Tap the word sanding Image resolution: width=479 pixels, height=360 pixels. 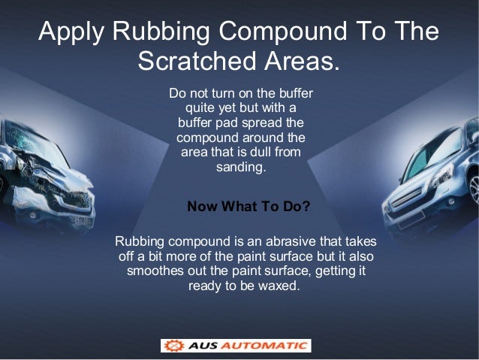(x=241, y=168)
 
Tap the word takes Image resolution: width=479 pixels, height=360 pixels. (x=359, y=242)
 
